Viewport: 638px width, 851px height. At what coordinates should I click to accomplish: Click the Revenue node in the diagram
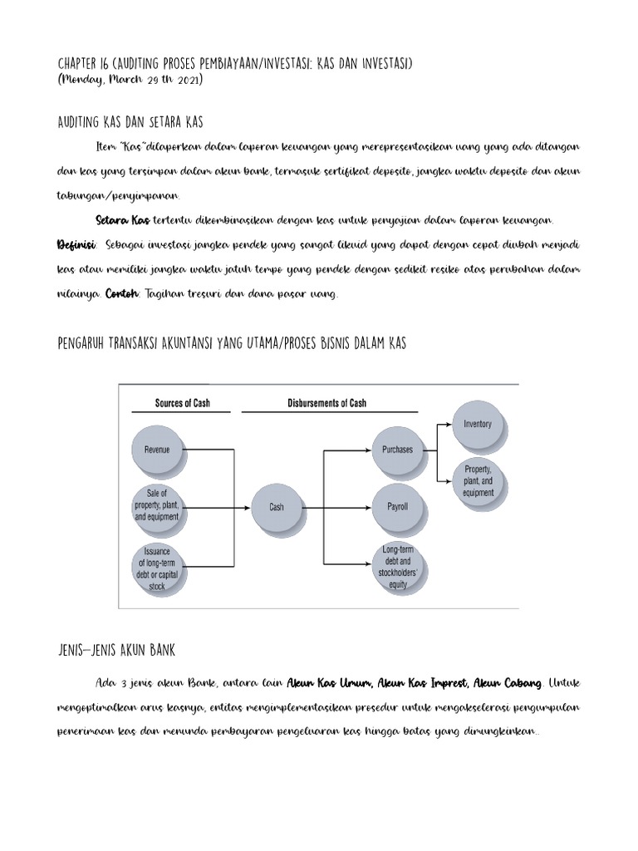click(157, 450)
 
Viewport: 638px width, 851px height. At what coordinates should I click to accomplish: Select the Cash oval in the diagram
click(277, 506)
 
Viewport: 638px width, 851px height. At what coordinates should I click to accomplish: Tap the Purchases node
click(397, 450)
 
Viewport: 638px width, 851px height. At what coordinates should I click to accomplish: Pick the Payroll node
click(397, 506)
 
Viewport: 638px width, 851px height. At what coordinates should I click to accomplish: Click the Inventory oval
click(478, 425)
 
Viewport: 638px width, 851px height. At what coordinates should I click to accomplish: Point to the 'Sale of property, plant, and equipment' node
click(157, 505)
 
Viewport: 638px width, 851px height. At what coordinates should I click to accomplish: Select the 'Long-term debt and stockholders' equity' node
click(397, 567)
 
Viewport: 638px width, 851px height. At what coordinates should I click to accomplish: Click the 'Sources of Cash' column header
click(183, 403)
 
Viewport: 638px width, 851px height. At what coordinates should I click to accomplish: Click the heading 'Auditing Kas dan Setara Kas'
click(130, 122)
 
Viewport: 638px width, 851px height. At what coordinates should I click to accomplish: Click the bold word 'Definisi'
click(75, 245)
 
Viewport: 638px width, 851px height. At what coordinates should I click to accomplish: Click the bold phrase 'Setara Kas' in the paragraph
click(122, 220)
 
